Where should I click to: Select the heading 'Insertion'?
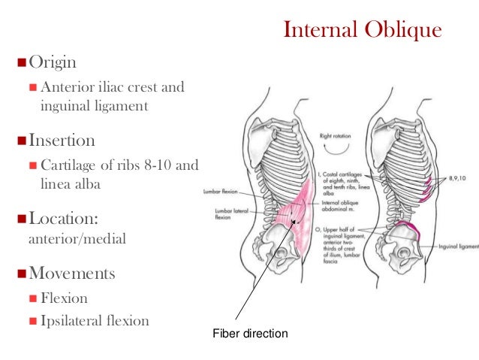point(62,141)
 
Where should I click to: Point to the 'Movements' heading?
point(72,274)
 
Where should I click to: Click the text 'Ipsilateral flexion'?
point(95,320)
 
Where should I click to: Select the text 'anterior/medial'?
point(65,241)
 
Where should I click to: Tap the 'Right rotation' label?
point(336,136)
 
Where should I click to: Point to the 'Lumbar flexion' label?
point(221,192)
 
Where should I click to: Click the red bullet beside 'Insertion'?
point(20,141)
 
